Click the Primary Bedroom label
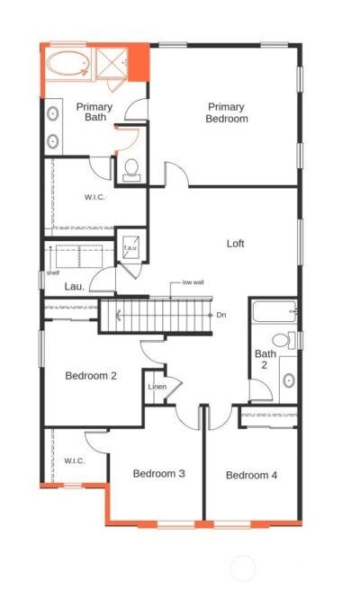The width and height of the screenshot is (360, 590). [227, 113]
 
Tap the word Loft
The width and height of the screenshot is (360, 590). [236, 244]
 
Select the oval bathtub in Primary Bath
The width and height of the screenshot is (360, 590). [68, 64]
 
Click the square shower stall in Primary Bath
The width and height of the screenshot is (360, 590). [112, 64]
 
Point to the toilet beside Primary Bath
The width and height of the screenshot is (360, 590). [131, 171]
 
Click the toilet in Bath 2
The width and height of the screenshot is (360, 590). [283, 340]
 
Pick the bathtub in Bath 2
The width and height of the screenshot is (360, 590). [274, 311]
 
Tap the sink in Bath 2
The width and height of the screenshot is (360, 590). [289, 380]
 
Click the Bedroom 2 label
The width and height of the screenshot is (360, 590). [91, 376]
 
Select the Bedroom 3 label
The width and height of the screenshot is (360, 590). [159, 473]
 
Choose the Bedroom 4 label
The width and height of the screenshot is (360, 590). [251, 475]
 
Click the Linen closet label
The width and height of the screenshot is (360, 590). [157, 387]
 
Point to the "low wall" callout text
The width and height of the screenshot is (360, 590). [193, 282]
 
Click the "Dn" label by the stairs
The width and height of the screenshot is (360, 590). [221, 315]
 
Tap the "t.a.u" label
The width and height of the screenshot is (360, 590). [130, 247]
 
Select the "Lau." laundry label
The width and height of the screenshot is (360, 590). [75, 287]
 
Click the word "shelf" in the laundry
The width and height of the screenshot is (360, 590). [53, 273]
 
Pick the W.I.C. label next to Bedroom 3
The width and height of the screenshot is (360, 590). [74, 460]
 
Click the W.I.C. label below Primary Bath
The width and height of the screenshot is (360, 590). [94, 197]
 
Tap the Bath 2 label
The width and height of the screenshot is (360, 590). [265, 359]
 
